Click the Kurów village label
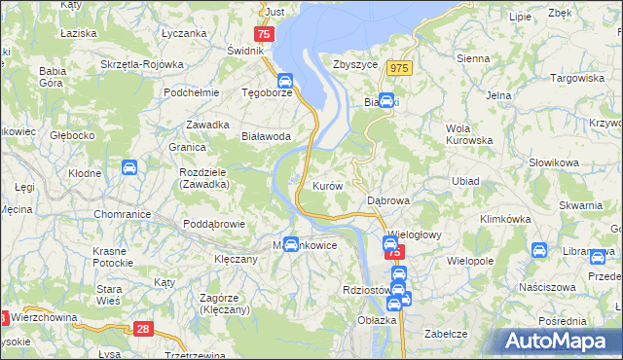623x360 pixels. [x=326, y=185]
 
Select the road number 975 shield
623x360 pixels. [x=398, y=67]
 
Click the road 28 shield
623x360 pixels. [x=144, y=331]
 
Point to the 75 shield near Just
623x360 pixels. [x=266, y=33]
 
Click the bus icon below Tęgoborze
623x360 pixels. [x=285, y=81]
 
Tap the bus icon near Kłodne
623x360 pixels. [x=129, y=167]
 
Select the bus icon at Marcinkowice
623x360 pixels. [x=290, y=243]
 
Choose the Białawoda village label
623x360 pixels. [x=267, y=137]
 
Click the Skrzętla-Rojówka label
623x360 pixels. [x=142, y=64]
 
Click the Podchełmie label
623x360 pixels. [x=189, y=93]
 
